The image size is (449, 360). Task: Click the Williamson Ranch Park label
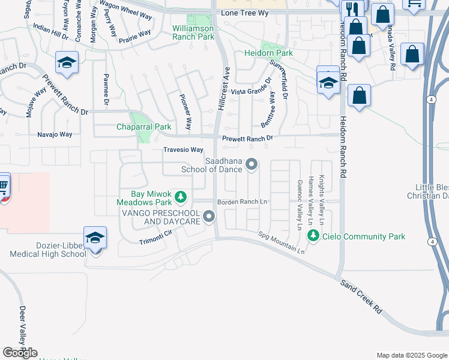(193, 32)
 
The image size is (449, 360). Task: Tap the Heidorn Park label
(268, 53)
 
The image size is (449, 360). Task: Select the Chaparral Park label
(143, 127)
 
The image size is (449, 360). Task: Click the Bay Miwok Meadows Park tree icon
(181, 197)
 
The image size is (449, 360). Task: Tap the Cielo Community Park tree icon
(312, 236)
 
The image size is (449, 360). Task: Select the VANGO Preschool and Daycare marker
(208, 216)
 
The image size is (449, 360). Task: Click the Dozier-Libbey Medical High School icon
(95, 239)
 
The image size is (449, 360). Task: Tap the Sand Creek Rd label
(361, 296)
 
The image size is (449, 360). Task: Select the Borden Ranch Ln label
(242, 202)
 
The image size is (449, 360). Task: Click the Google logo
(20, 353)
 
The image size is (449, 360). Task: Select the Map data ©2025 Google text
(412, 355)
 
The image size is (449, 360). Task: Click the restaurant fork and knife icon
(351, 9)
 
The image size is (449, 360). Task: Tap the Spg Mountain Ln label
(282, 242)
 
